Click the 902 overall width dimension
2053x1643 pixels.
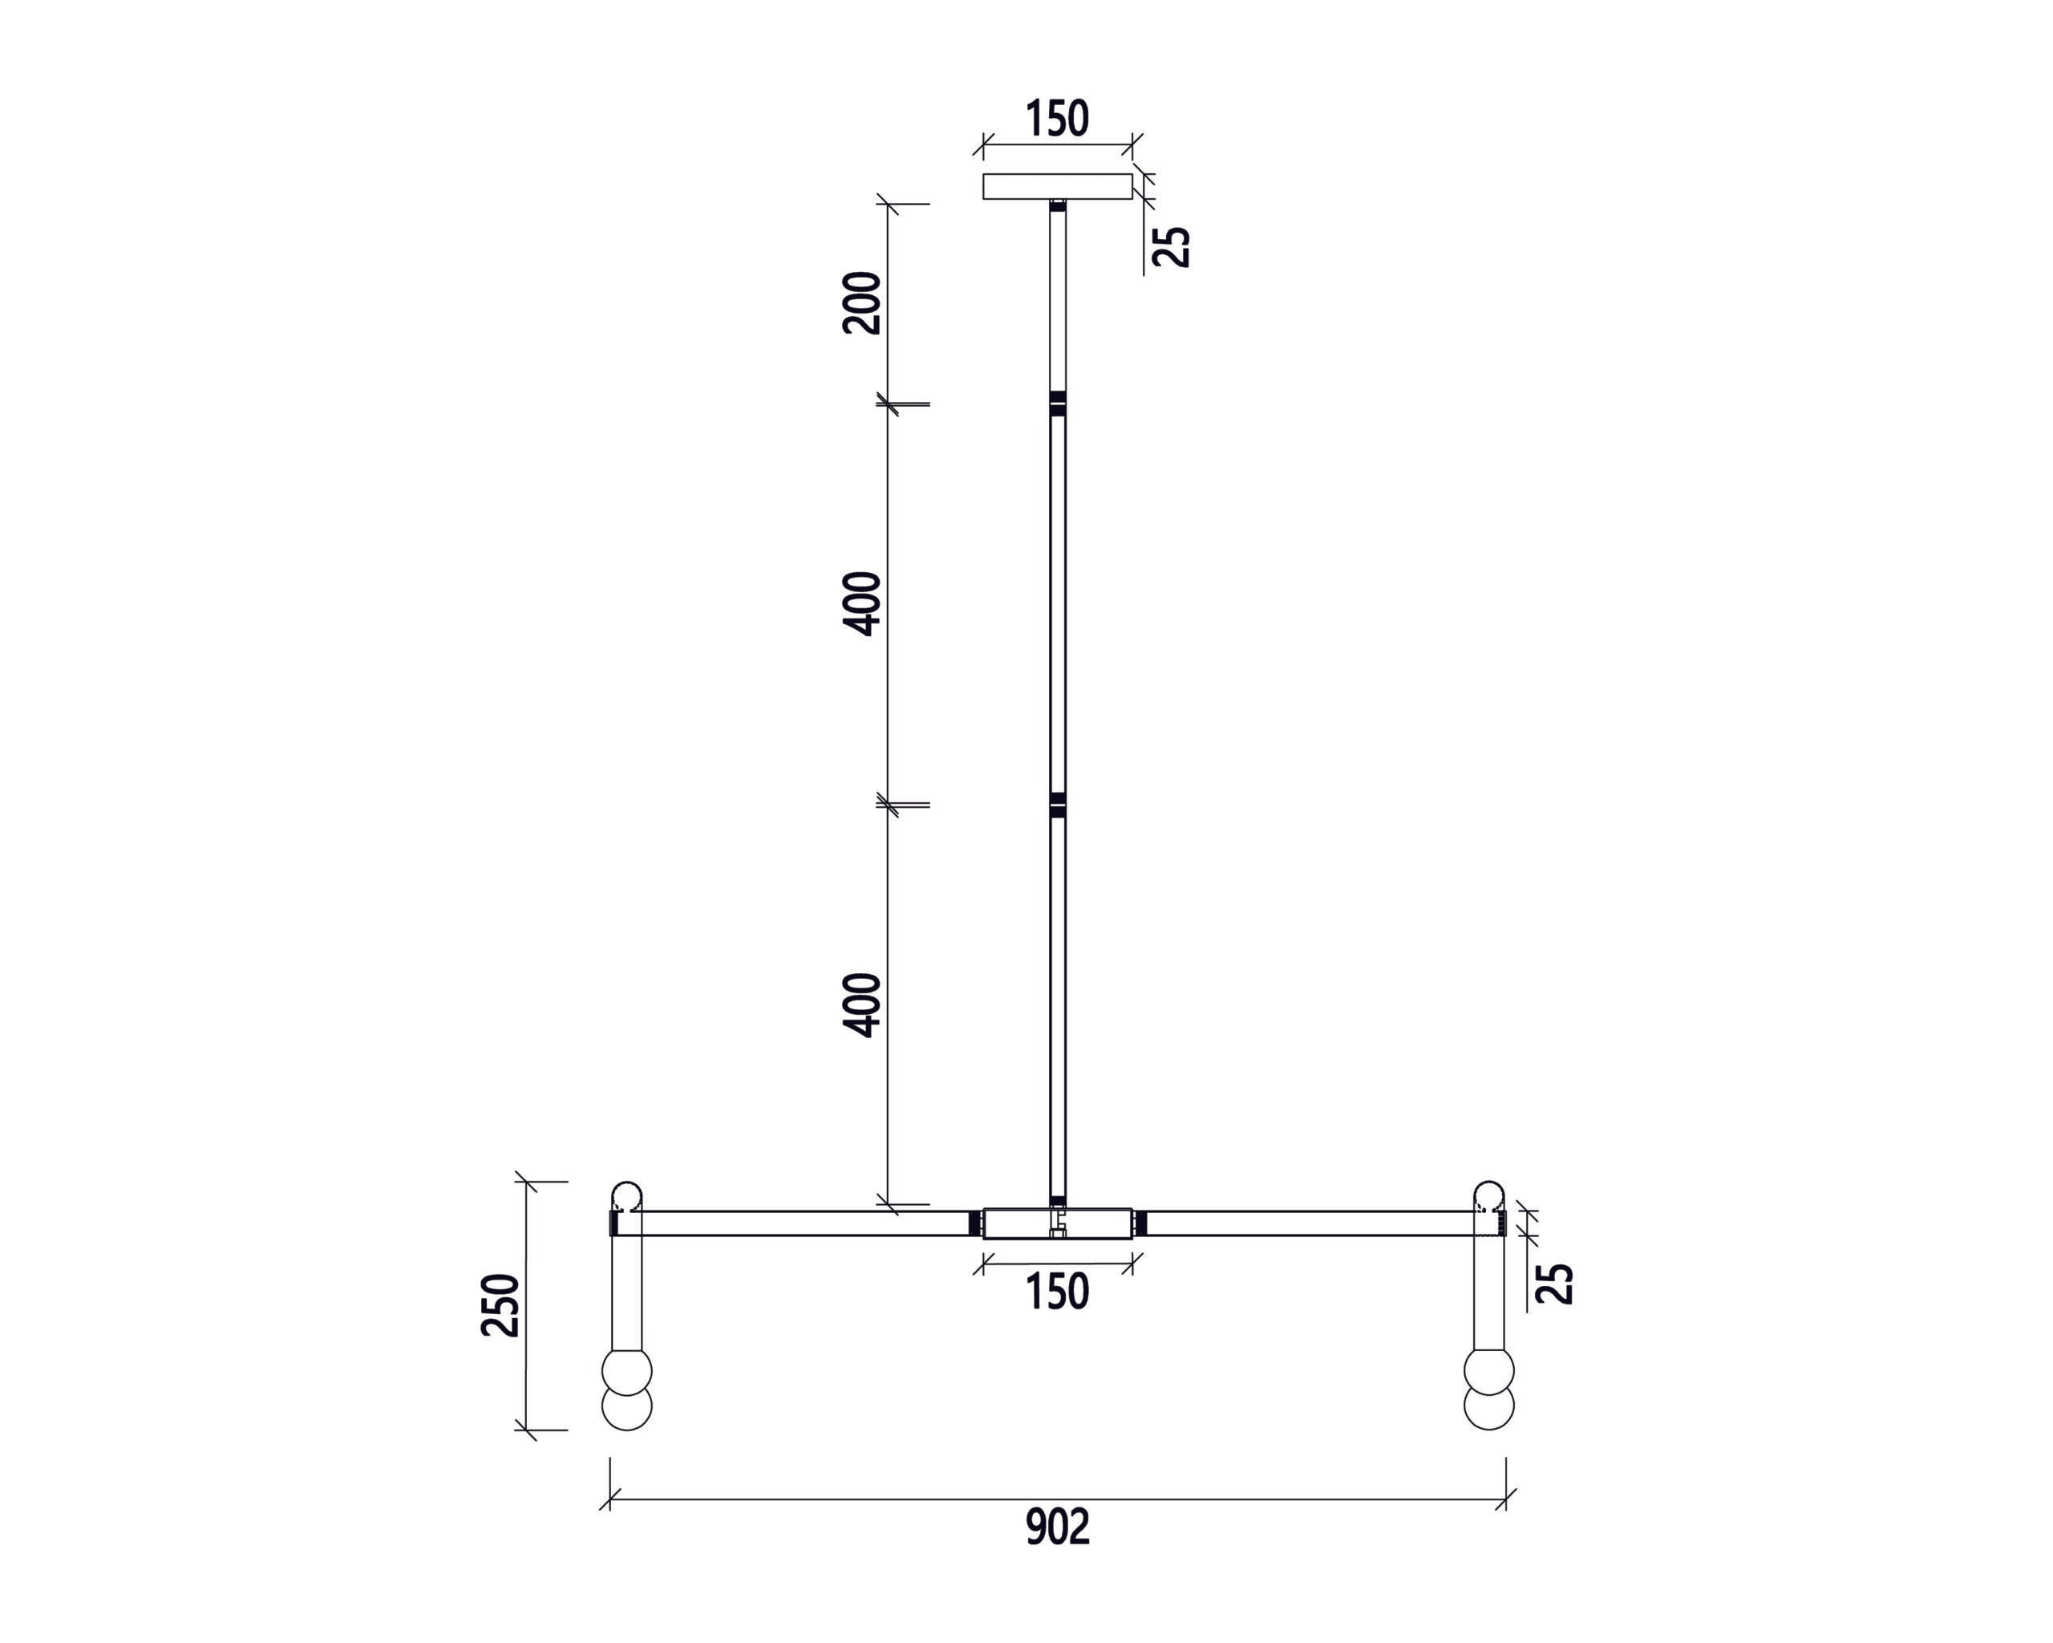point(1057,1527)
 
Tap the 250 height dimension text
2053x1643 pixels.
point(501,1305)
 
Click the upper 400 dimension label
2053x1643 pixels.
point(863,603)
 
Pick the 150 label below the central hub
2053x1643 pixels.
point(1057,1292)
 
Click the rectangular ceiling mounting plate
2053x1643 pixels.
point(1057,186)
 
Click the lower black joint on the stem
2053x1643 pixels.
point(1057,805)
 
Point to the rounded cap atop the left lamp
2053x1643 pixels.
point(626,1195)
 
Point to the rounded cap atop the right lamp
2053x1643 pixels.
point(1488,1195)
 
